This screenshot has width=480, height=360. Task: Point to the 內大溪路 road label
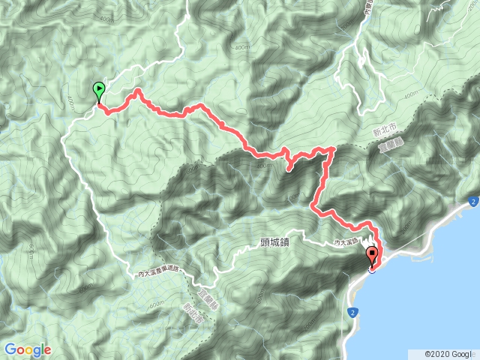coord(349,242)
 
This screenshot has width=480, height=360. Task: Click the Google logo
coord(27,349)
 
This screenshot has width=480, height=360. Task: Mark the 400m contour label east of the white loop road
coord(410,95)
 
